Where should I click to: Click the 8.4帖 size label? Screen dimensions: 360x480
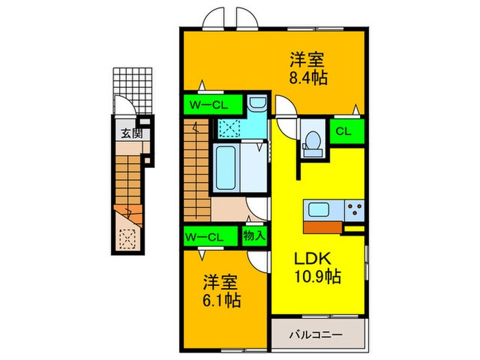pyautogui.click(x=307, y=77)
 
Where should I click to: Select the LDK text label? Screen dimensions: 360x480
pyautogui.click(x=313, y=259)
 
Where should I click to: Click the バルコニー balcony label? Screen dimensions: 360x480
pyautogui.click(x=315, y=335)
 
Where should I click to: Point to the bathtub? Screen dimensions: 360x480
pyautogui.click(x=226, y=167)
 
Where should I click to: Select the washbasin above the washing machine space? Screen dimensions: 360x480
pyautogui.click(x=257, y=104)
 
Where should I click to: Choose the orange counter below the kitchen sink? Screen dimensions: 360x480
pyautogui.click(x=322, y=227)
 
